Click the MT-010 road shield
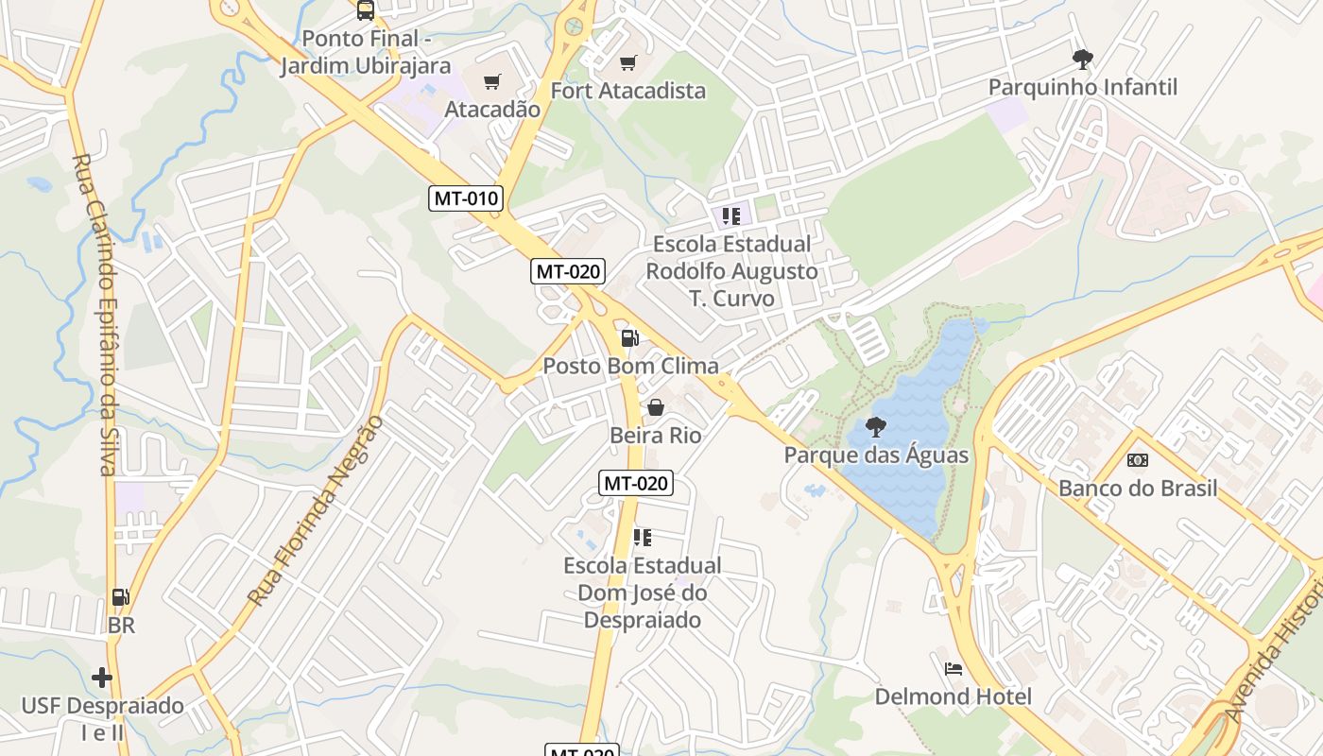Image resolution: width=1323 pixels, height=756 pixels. (466, 198)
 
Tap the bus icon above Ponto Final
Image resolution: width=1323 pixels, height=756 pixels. (365, 10)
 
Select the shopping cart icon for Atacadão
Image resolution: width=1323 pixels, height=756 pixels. (491, 82)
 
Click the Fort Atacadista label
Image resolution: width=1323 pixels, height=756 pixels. (628, 91)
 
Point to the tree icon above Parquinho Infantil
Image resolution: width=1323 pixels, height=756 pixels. (1082, 60)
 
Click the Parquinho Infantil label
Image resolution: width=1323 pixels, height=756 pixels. (1082, 87)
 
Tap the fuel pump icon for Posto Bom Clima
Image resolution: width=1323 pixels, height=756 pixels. (629, 337)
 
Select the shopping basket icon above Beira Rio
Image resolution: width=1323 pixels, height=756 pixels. (655, 407)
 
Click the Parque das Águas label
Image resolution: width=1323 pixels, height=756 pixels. (876, 455)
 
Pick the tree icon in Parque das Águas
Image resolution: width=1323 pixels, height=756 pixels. (876, 427)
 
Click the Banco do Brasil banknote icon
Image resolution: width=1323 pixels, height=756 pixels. (1138, 460)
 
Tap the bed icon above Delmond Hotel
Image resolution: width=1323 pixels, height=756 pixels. (953, 669)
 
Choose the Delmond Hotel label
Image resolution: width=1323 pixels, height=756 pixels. (953, 696)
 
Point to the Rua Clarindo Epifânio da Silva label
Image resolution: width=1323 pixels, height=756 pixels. (94, 315)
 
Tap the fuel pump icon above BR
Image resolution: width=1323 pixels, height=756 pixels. (120, 597)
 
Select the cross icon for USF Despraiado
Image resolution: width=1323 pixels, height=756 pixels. (102, 678)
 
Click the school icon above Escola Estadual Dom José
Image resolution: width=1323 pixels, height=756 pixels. (642, 538)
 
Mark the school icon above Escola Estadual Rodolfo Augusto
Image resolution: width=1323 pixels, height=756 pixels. (730, 216)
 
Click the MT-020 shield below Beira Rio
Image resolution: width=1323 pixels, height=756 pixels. (636, 483)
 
